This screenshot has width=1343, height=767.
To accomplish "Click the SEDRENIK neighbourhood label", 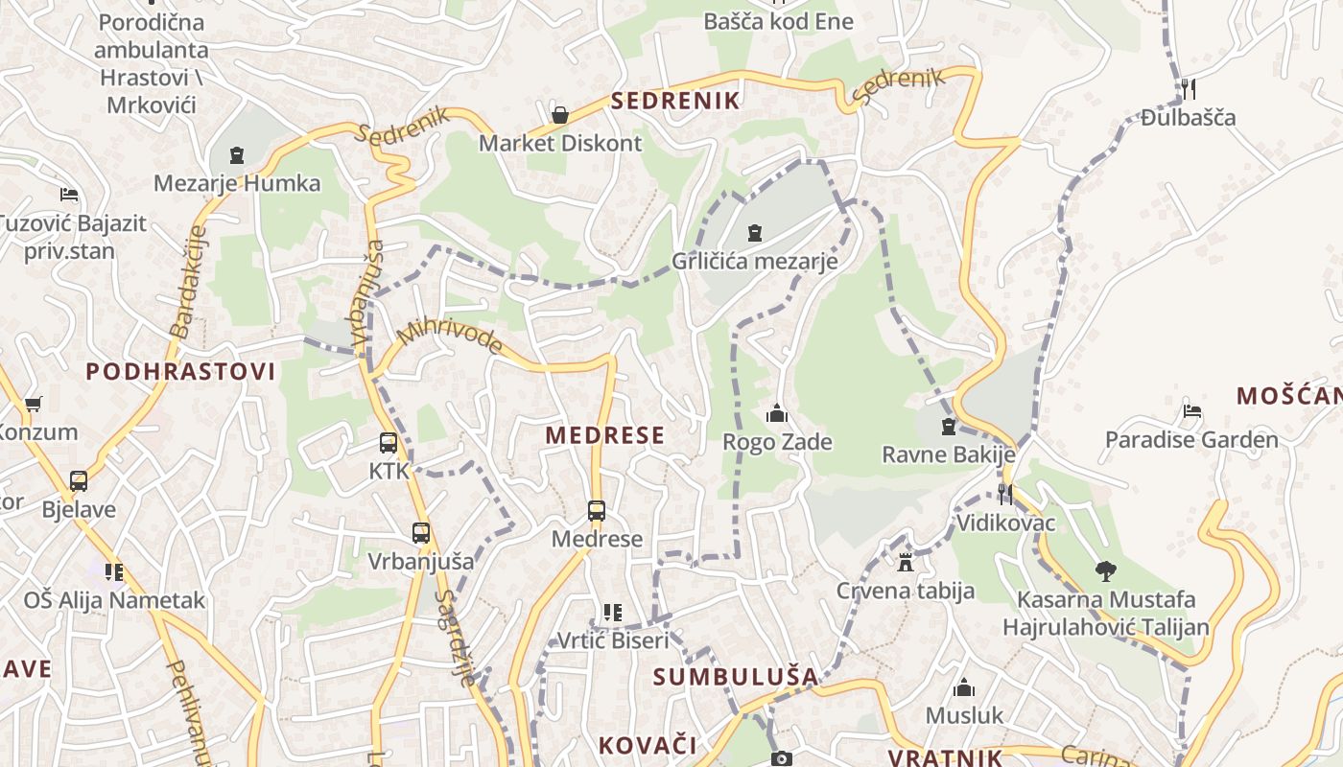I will pyautogui.click(x=675, y=101).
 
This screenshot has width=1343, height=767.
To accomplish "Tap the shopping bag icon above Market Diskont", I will pyautogui.click(x=560, y=115).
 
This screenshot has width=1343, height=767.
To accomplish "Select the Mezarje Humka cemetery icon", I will pyautogui.click(x=237, y=154).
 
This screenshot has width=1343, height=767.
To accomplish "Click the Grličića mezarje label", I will pyautogui.click(x=754, y=261).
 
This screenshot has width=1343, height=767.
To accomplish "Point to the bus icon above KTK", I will pyautogui.click(x=389, y=443).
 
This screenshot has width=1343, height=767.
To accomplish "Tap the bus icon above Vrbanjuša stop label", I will pyautogui.click(x=420, y=533).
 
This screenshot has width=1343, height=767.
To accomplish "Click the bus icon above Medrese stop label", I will pyautogui.click(x=597, y=511).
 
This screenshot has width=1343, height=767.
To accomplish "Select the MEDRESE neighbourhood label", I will pyautogui.click(x=604, y=435).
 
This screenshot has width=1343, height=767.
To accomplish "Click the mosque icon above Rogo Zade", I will pyautogui.click(x=776, y=414).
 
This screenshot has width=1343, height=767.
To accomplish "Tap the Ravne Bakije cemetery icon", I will pyautogui.click(x=949, y=427).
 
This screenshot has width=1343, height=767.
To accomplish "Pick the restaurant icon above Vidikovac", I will pyautogui.click(x=1004, y=494).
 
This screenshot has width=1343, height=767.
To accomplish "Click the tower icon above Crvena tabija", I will pyautogui.click(x=905, y=562).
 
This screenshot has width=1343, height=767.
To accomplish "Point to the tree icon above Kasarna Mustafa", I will pyautogui.click(x=1105, y=571).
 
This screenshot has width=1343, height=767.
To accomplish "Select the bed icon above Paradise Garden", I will pyautogui.click(x=1191, y=410).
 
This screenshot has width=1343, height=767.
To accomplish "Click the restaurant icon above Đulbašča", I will pyautogui.click(x=1188, y=89).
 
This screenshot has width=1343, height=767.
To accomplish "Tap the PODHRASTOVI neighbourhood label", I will pyautogui.click(x=180, y=372).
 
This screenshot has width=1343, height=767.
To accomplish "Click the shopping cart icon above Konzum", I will pyautogui.click(x=34, y=404).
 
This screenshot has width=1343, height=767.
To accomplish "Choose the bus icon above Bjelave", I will pyautogui.click(x=79, y=481).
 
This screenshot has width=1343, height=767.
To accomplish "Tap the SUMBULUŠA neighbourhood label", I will pyautogui.click(x=736, y=677).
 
